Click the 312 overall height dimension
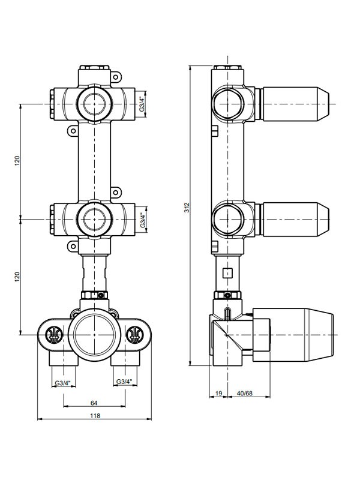coord(187,208)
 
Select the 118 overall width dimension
coord(95,415)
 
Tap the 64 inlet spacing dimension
coord(94,403)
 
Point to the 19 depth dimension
coord(218,393)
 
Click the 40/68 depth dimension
coord(245,393)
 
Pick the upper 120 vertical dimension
coord(17,161)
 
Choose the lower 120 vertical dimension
coord(17,277)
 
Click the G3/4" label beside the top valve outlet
coord(142,104)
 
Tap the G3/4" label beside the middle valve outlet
coord(143,220)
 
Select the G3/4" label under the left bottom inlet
coord(63,383)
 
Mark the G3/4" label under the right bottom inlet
coord(124,382)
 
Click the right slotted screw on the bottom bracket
coord(134,334)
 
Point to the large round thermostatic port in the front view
coord(94,334)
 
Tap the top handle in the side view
coord(296,104)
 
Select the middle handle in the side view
coord(296,220)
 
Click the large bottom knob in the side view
coord(293,335)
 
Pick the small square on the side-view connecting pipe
coord(227,272)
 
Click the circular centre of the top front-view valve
coord(94,104)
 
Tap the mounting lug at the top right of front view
coord(115,77)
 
